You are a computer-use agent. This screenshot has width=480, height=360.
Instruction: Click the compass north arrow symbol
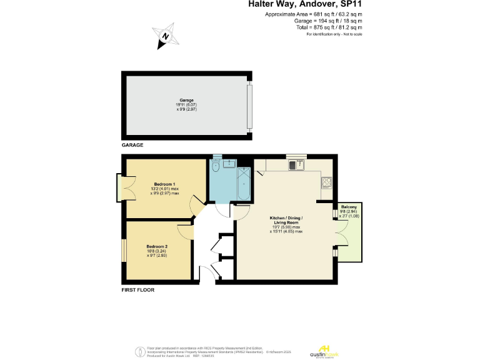(165, 37)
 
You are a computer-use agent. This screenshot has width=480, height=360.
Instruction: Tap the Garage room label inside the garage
(186, 100)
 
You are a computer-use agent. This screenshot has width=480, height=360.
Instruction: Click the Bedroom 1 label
(164, 184)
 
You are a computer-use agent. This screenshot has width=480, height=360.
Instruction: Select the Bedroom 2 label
(157, 246)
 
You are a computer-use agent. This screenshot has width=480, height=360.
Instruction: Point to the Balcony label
(349, 207)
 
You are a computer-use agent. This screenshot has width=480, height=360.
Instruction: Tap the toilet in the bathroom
(215, 167)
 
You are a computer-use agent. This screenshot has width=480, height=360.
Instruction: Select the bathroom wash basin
(229, 163)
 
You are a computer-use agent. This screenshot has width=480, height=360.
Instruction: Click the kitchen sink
(295, 165)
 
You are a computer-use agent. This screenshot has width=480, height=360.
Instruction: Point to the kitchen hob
(326, 182)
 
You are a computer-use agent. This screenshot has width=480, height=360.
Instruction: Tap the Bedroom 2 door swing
(186, 231)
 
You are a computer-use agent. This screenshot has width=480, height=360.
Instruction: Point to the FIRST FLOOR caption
(137, 290)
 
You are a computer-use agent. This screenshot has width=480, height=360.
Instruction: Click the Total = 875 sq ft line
(329, 27)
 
